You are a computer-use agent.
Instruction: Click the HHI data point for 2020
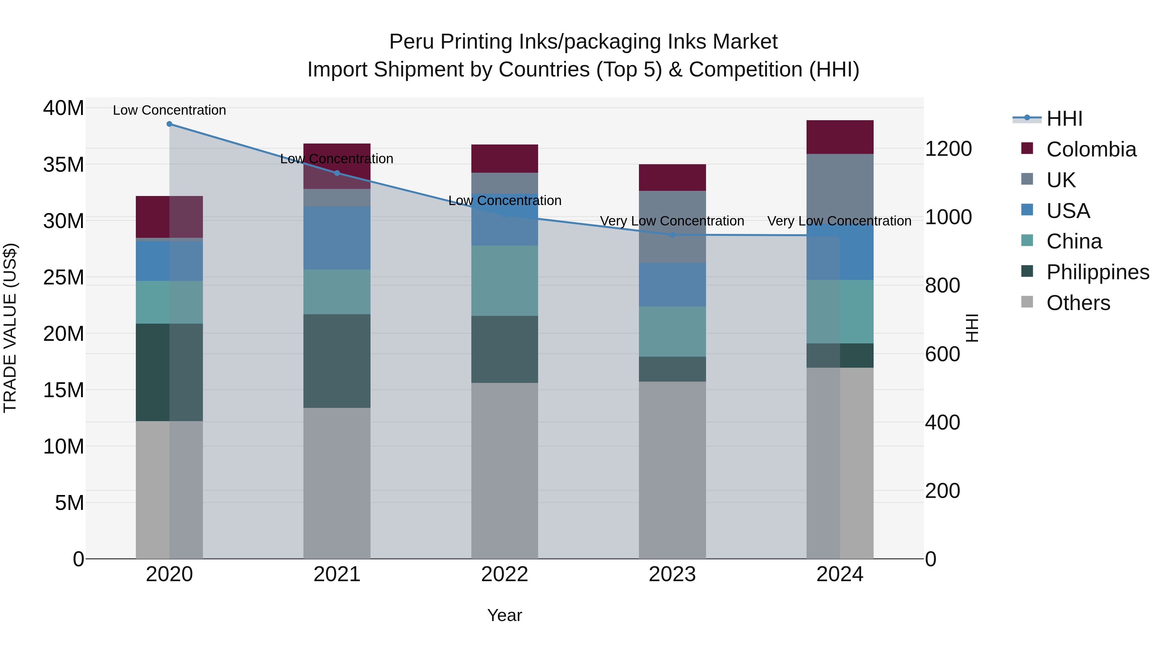[170, 124]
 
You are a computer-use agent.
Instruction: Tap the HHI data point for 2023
[672, 235]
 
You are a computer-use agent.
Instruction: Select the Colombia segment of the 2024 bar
[840, 137]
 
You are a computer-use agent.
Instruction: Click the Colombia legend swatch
[1027, 148]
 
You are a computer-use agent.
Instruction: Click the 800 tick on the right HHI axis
[942, 286]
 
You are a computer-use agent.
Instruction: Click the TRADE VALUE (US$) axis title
[10, 328]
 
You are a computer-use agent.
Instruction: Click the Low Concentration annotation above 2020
[170, 110]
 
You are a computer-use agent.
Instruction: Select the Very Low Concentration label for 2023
[672, 221]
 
